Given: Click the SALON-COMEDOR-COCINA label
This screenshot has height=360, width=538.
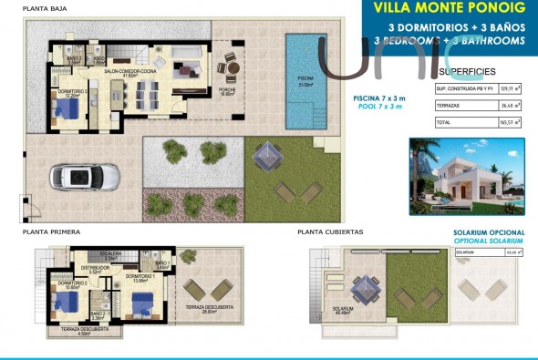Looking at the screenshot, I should [133, 72].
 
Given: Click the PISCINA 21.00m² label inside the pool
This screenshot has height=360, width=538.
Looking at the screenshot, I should [305, 81].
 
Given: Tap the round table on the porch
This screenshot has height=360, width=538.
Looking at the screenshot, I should [232, 67].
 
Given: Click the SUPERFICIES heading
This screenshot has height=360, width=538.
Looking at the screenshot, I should [467, 70].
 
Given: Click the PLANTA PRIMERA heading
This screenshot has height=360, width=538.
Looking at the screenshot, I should [52, 232].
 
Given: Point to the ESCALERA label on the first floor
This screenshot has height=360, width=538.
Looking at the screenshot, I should [110, 254].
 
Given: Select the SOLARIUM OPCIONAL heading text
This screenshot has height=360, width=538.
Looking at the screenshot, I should [489, 232].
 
